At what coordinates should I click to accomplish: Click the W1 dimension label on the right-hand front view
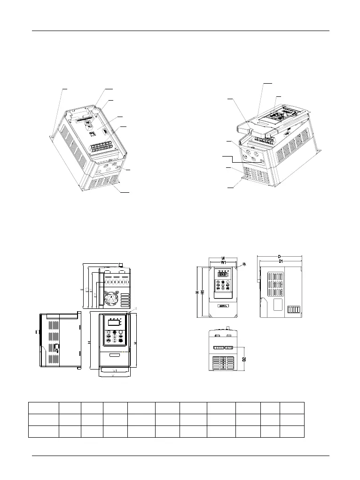click(x=223, y=262)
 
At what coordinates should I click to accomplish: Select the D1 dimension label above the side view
click(x=281, y=261)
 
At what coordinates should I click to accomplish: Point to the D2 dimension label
click(x=244, y=359)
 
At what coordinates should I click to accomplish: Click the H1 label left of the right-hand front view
click(x=202, y=292)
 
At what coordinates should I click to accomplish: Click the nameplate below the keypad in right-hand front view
click(x=222, y=305)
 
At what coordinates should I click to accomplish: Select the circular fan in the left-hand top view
click(x=111, y=297)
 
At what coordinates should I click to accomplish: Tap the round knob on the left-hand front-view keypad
click(x=121, y=332)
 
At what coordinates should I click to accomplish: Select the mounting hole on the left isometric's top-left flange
click(x=51, y=137)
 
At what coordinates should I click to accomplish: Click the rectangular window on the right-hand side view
click(x=279, y=305)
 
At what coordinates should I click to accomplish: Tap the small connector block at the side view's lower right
click(x=294, y=309)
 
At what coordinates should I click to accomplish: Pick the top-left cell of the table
click(x=43, y=408)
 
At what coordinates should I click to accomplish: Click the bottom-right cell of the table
click(x=292, y=431)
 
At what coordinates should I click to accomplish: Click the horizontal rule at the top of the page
click(x=180, y=31)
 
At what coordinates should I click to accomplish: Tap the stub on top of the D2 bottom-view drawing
click(x=228, y=327)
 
